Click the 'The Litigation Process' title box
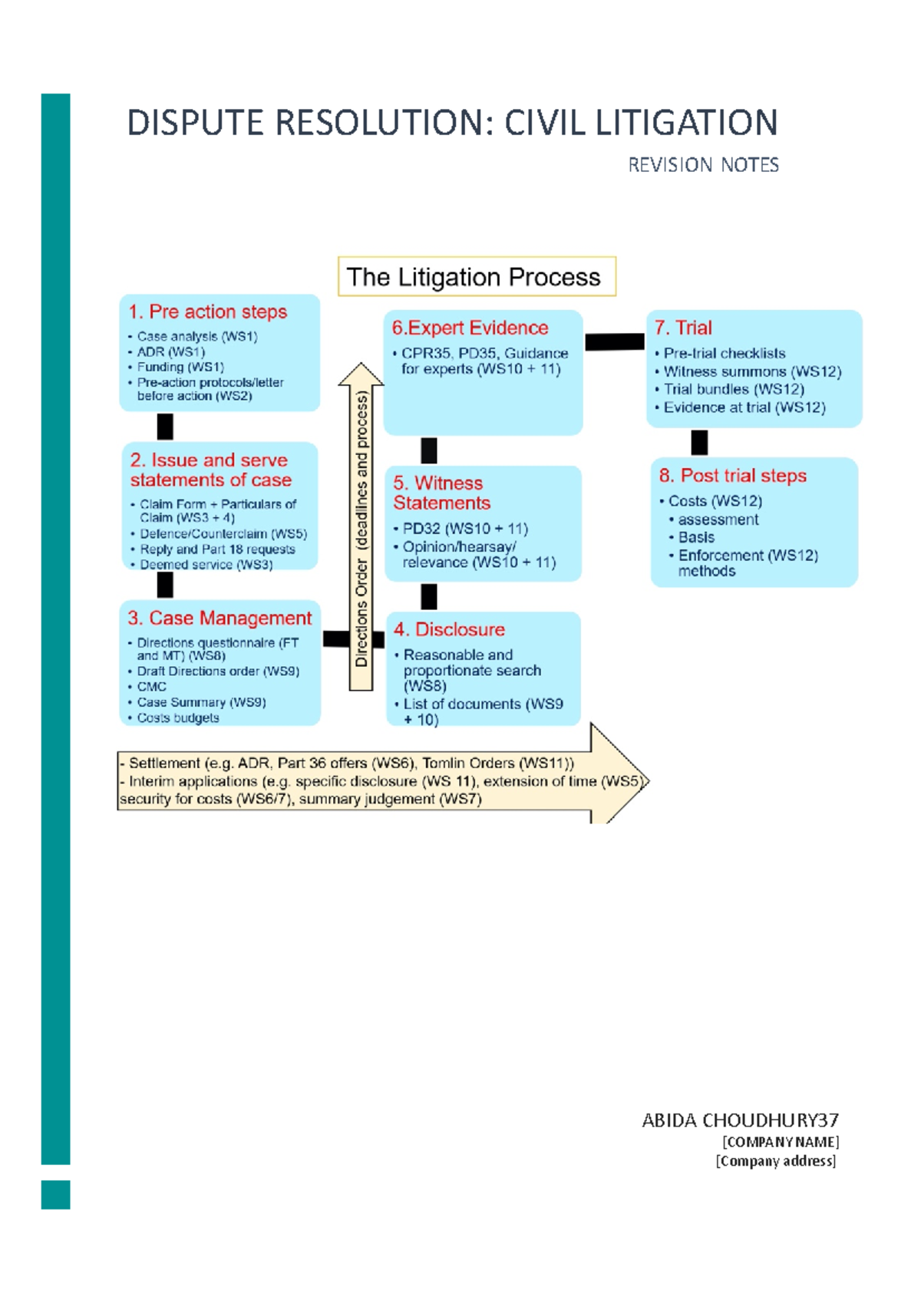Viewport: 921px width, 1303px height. click(x=476, y=276)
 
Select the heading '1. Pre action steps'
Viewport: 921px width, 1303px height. click(x=208, y=312)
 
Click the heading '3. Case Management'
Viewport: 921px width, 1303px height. click(x=220, y=618)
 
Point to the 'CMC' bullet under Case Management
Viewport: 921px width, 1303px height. click(x=151, y=687)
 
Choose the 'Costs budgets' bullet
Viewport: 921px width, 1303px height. click(x=178, y=718)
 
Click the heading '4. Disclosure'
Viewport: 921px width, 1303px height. click(x=449, y=629)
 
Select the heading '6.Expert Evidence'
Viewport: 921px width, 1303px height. click(x=470, y=328)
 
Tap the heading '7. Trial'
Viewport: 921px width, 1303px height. click(x=683, y=328)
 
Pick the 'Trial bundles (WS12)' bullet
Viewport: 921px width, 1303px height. click(x=734, y=389)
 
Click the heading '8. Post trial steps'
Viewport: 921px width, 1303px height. click(x=732, y=476)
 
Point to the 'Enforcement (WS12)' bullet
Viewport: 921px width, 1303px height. click(x=748, y=556)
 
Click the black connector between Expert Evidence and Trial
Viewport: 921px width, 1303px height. click(x=615, y=341)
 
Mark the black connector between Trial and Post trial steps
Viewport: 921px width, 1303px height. click(x=699, y=442)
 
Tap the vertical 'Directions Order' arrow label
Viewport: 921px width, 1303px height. click(x=361, y=529)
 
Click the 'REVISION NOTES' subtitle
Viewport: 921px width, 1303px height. click(x=703, y=165)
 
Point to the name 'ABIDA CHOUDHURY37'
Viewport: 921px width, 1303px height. click(x=740, y=1120)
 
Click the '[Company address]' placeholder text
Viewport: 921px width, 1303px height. click(x=775, y=1161)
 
